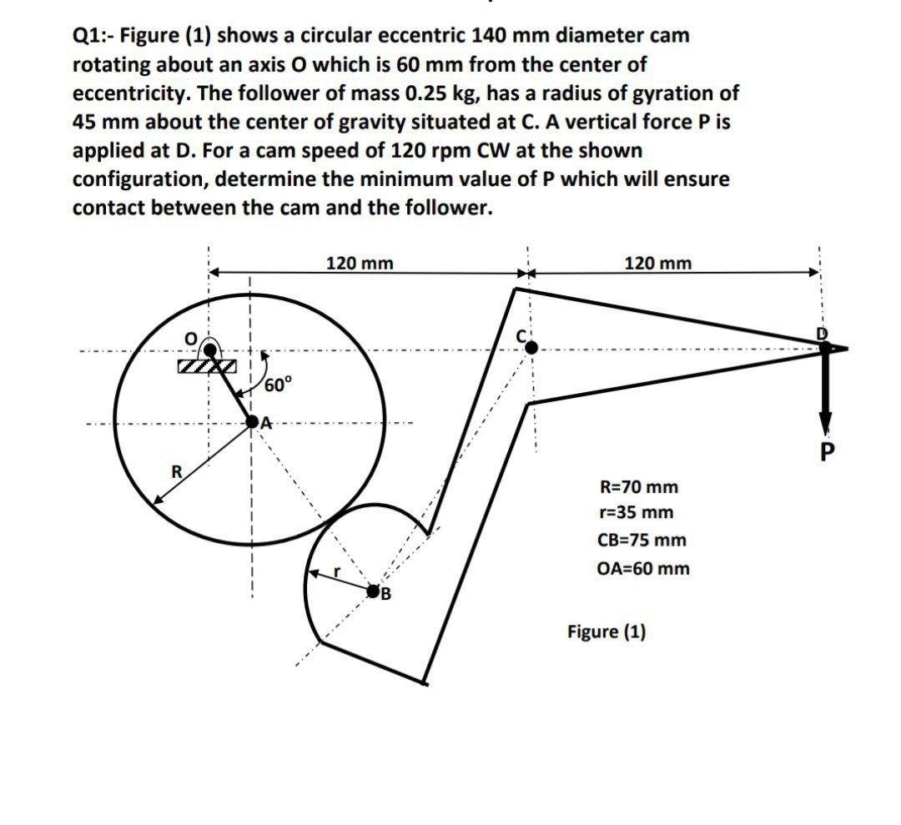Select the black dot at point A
(253, 424)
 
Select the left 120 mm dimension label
(360, 263)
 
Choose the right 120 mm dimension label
(658, 263)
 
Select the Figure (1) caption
(607, 631)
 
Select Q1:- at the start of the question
(94, 37)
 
